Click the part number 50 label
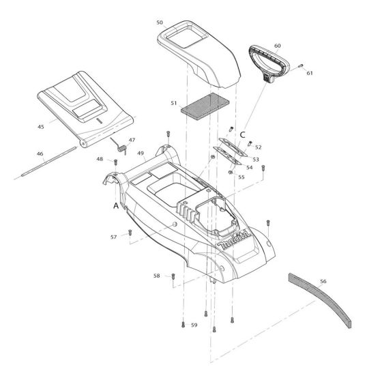pos(159,23)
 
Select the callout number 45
pos(40,126)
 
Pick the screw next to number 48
pos(115,162)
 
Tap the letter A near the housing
pos(117,204)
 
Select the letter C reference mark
pos(242,134)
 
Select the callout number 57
pos(115,236)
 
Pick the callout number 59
pos(194,325)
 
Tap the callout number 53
pos(256,158)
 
